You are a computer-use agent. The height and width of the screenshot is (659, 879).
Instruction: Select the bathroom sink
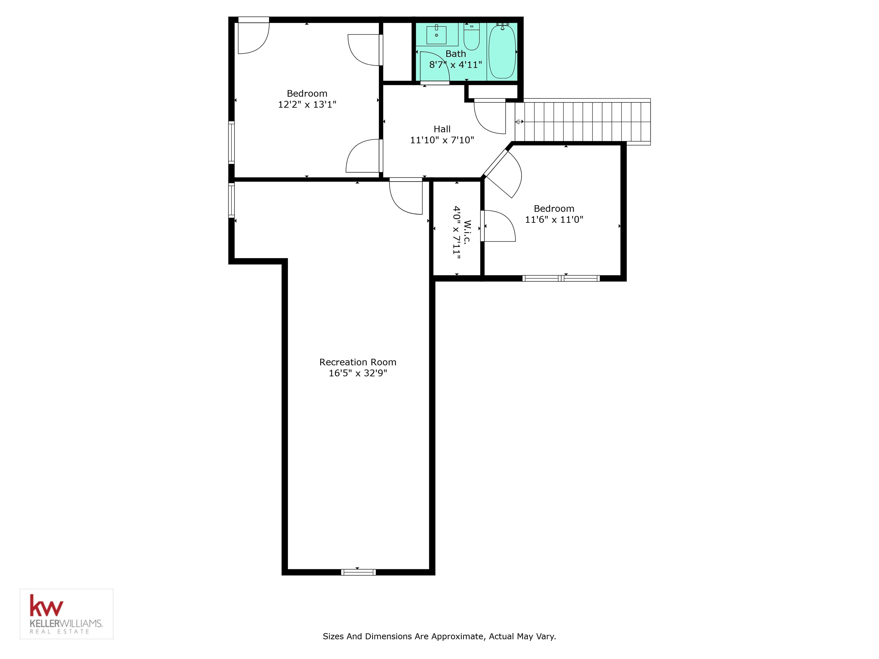436,35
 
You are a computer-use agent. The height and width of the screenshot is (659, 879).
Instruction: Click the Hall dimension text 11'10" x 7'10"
442,140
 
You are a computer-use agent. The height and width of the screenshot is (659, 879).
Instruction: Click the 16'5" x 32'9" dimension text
358,373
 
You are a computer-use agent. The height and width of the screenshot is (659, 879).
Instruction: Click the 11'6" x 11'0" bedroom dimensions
554,219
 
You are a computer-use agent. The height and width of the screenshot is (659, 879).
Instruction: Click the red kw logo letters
46,606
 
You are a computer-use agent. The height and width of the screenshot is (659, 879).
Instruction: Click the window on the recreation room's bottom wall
358,572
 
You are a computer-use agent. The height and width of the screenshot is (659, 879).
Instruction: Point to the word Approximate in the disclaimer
457,636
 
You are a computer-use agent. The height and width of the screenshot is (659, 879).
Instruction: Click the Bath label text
456,53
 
